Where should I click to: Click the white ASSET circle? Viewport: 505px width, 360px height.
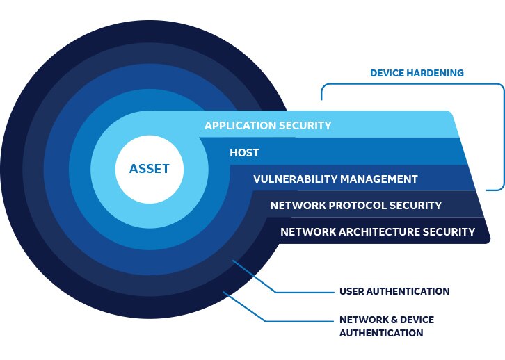[x=149, y=169]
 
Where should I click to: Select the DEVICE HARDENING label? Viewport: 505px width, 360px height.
[x=417, y=73]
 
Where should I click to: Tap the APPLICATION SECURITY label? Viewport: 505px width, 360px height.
[x=268, y=126]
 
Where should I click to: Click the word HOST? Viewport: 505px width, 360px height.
[x=244, y=152]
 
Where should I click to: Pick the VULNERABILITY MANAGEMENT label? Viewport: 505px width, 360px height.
[x=335, y=179]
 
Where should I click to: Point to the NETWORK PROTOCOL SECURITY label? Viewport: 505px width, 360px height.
[x=355, y=205]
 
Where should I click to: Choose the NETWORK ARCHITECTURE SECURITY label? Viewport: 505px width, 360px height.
[x=378, y=231]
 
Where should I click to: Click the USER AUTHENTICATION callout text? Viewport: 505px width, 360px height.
[x=394, y=291]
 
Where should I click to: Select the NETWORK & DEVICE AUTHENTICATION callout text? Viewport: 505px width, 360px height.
[x=386, y=326]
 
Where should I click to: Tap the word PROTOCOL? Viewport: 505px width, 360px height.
[x=355, y=205]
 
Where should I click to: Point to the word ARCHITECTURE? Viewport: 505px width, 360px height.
[x=387, y=231]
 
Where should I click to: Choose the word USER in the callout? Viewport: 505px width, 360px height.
[x=351, y=291]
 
